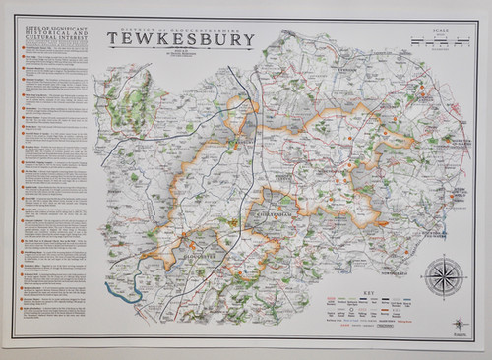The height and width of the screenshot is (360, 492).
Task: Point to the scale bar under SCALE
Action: (432, 43)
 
